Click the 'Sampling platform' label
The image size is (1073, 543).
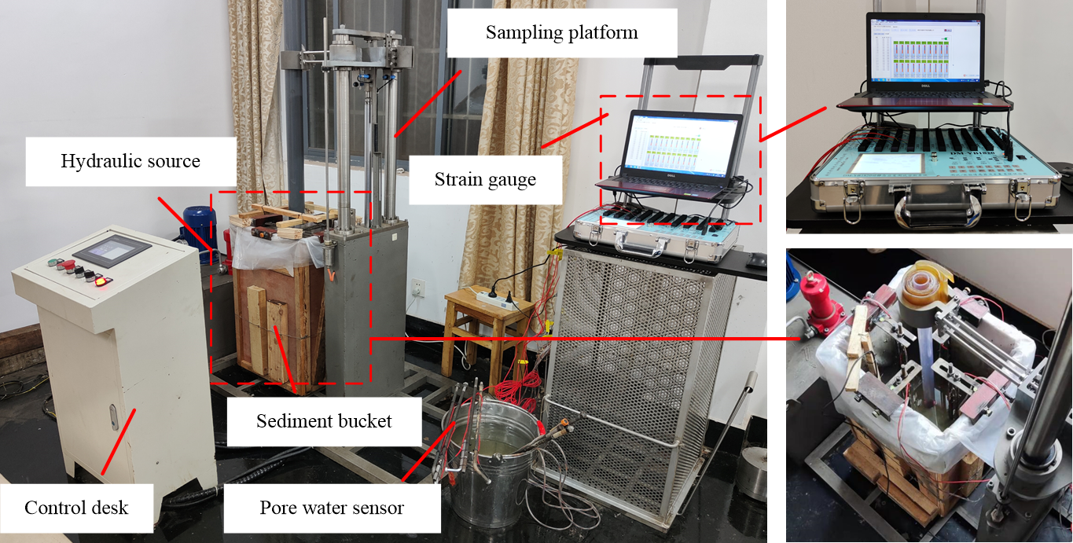pyautogui.click(x=561, y=32)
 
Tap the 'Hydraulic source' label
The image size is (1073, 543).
pyautogui.click(x=130, y=162)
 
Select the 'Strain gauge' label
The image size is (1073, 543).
pyautogui.click(x=485, y=179)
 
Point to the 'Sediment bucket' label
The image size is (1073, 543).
pyautogui.click(x=324, y=421)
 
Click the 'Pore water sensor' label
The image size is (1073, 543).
pyautogui.click(x=332, y=508)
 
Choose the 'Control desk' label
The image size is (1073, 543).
pyautogui.click(x=76, y=507)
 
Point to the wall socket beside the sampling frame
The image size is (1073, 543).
pyautogui.click(x=418, y=287)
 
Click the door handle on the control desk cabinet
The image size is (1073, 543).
pyautogui.click(x=114, y=416)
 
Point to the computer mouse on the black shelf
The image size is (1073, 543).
pyautogui.click(x=756, y=259)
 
